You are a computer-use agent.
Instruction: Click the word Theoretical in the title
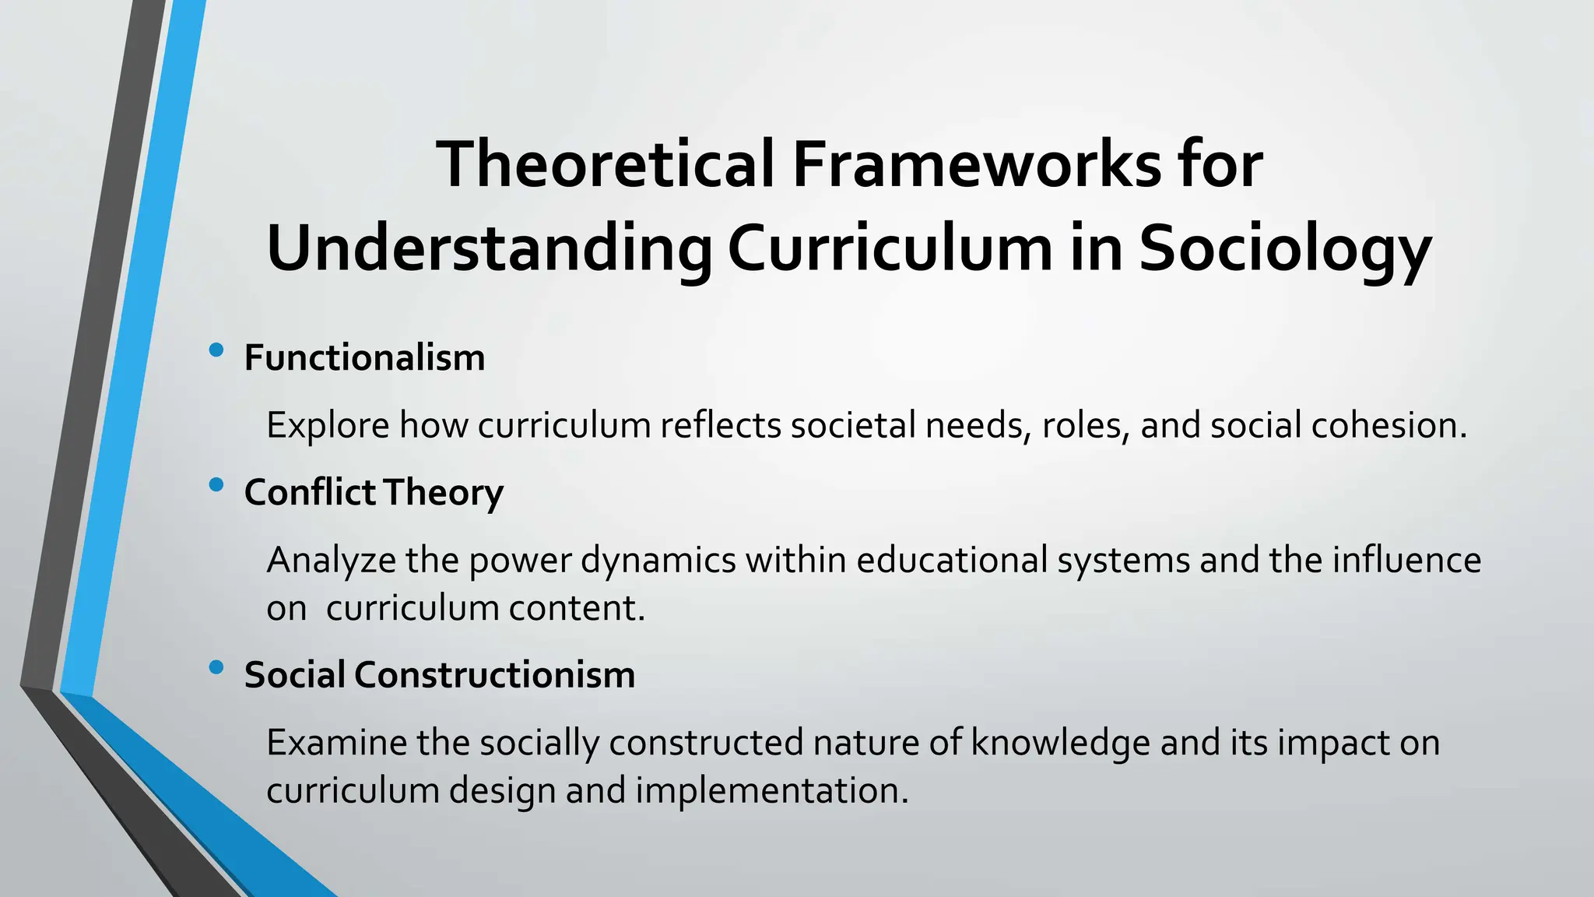(x=606, y=164)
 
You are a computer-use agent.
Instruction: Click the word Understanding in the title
(x=489, y=249)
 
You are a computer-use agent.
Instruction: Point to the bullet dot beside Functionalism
(x=216, y=350)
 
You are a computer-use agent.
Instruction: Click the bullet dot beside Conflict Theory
(x=216, y=485)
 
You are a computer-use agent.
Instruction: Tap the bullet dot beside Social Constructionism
(x=216, y=667)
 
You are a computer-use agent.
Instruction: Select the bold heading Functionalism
(x=364, y=358)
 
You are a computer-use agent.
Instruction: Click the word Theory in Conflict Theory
(x=443, y=493)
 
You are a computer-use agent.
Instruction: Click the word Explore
(x=328, y=426)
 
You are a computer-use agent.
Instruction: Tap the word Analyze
(x=331, y=561)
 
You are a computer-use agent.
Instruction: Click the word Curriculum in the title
(x=890, y=249)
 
